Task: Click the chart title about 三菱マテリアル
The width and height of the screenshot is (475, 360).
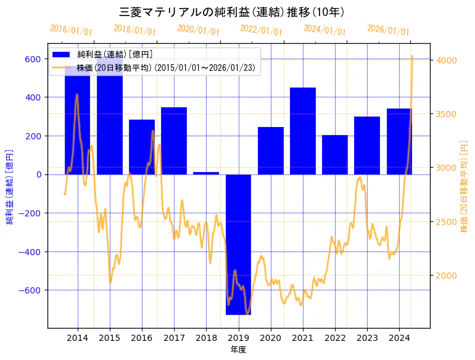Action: pos(231,12)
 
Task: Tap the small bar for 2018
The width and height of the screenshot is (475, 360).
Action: pos(206,173)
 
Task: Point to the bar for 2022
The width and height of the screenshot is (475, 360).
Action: pos(335,155)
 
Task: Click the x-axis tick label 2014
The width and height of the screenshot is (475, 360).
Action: pos(78,338)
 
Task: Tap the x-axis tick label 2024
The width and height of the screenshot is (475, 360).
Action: pos(399,338)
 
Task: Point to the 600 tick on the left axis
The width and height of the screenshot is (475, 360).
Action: pos(33,59)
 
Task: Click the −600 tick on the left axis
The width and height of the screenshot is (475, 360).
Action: pos(30,290)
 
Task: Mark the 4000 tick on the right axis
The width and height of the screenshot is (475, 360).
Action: pos(447,60)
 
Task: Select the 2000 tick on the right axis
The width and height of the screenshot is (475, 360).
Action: pos(447,276)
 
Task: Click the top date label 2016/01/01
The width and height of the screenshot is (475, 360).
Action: pos(72,30)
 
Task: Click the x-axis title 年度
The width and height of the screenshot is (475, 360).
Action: pos(238,350)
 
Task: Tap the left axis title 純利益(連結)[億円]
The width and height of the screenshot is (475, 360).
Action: pos(10,186)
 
